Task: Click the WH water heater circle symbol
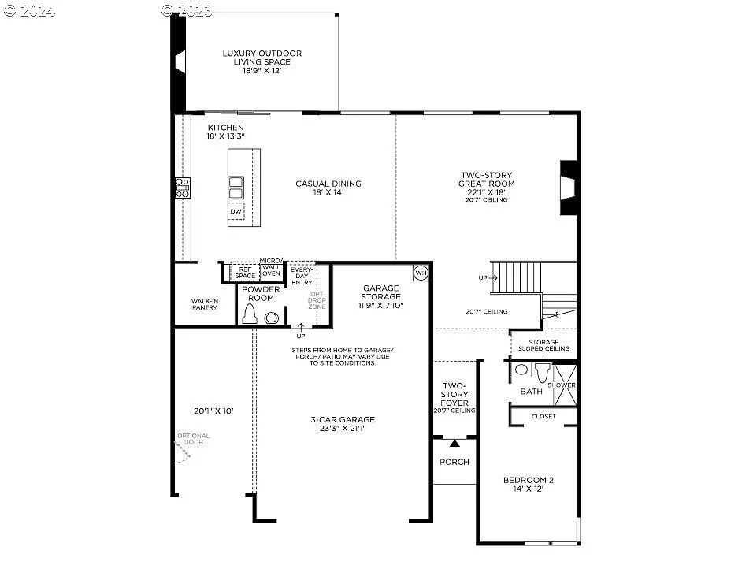[x=421, y=273]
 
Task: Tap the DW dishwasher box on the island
[x=236, y=212]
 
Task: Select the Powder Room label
[x=261, y=294]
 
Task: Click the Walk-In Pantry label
[x=204, y=304]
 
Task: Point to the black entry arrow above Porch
[x=454, y=444]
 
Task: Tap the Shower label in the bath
[x=566, y=385]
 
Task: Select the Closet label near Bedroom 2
[x=543, y=416]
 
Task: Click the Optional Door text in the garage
[x=194, y=439]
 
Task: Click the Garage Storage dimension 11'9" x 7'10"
[x=381, y=306]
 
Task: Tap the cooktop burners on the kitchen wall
[x=182, y=188]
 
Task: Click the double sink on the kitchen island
[x=236, y=188]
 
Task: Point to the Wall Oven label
[x=271, y=270]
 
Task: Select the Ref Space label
[x=245, y=272]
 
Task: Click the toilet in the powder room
[x=250, y=315]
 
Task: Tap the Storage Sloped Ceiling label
[x=543, y=345]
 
